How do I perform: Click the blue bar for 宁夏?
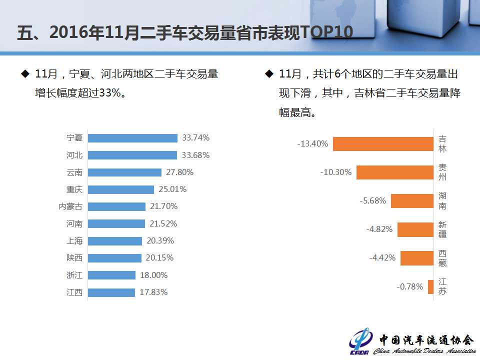coord(132,138)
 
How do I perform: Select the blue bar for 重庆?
coord(121,189)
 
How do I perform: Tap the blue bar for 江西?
coord(111,292)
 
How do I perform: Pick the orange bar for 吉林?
coord(383,144)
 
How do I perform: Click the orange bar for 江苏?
coord(430,287)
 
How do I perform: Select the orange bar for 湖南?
coord(412,201)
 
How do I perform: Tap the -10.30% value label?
coord(336,172)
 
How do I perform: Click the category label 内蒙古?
coord(70,206)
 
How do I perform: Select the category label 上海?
coord(74,241)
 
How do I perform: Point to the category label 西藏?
coord(442,258)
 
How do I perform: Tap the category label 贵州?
coord(442,172)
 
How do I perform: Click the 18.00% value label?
coord(153,275)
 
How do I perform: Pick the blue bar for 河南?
coord(116,223)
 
